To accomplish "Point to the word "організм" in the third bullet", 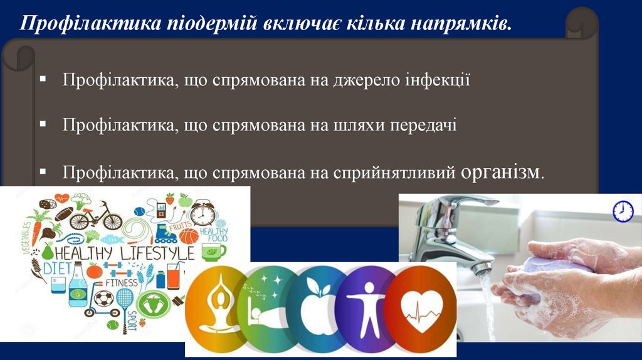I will pos(500,171).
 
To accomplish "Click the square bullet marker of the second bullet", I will pos(43,125).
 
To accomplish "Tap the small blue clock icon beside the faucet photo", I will pos(623,211).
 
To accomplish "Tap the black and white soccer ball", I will pos(103,298).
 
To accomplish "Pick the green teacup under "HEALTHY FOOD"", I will pos(213,251).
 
